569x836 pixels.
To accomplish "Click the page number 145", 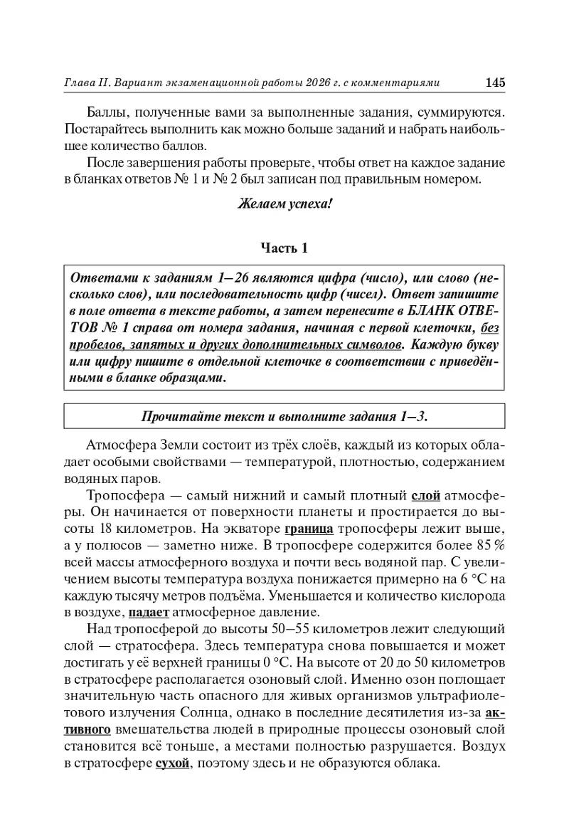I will click(x=495, y=83).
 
